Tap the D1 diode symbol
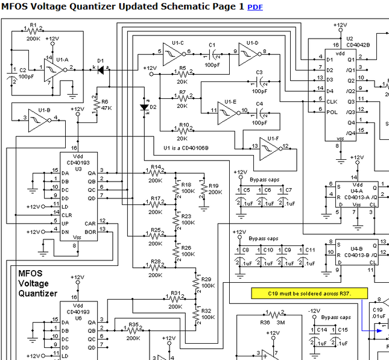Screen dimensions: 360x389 click(100, 69)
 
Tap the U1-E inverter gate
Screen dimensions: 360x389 click(227, 112)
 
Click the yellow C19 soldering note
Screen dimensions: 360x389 click(309, 293)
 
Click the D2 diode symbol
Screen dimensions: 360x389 click(144, 107)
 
